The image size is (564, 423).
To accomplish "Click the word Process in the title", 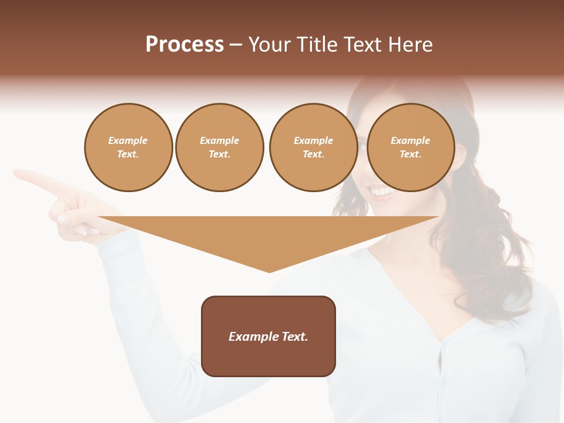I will pyautogui.click(x=184, y=45).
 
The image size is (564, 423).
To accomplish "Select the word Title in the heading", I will pyautogui.click(x=319, y=45).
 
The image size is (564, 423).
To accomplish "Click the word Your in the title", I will pyautogui.click(x=270, y=45).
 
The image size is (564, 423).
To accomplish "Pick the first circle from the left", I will pyautogui.click(x=128, y=147).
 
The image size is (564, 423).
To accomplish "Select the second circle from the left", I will pyautogui.click(x=219, y=147).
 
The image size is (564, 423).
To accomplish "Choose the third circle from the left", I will pyautogui.click(x=313, y=147).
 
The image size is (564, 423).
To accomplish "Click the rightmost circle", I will pyautogui.click(x=411, y=147).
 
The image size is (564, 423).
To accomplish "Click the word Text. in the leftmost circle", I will pyautogui.click(x=128, y=155).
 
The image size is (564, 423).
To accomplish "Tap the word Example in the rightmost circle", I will pyautogui.click(x=410, y=140).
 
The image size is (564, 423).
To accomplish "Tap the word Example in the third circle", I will pyautogui.click(x=313, y=140).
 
